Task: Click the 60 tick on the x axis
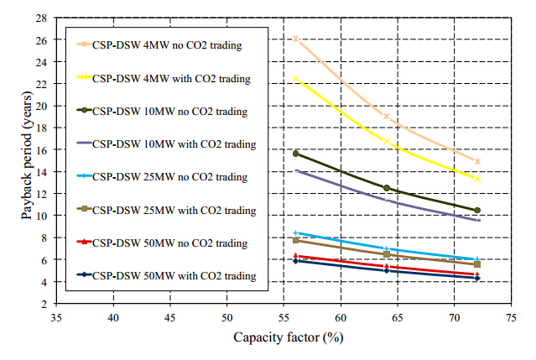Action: [x=341, y=319]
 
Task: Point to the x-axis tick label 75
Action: [x=510, y=319]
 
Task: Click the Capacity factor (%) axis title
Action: [x=284, y=338]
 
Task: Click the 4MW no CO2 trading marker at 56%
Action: [x=295, y=39]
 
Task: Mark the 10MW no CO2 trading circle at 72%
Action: [x=477, y=210]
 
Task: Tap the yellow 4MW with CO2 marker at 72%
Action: [x=477, y=179]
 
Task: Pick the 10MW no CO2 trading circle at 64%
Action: [x=386, y=188]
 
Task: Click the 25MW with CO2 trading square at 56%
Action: [x=295, y=240]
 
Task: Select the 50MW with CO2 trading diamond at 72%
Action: [x=477, y=278]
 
